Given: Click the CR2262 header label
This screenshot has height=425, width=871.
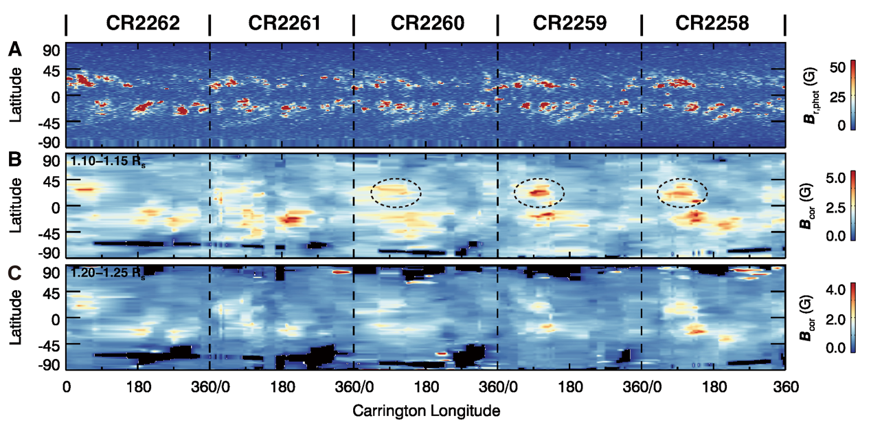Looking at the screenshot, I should point(142,24).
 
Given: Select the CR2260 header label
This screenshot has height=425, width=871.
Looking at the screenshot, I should point(428,24).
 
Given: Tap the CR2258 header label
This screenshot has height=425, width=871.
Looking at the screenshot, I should point(712,24).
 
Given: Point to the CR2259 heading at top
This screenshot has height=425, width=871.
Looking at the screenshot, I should point(570,24).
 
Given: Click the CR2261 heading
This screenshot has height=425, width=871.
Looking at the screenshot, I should point(284,24).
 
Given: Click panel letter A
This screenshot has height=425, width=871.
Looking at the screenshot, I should point(15,50).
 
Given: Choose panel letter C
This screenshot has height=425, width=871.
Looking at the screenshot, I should point(15,272).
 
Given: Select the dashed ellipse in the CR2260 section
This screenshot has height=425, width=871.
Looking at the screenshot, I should point(396,193).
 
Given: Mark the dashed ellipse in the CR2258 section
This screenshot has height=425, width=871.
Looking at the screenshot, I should point(682,193).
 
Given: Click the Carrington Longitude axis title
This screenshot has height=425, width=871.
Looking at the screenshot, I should point(426,411).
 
